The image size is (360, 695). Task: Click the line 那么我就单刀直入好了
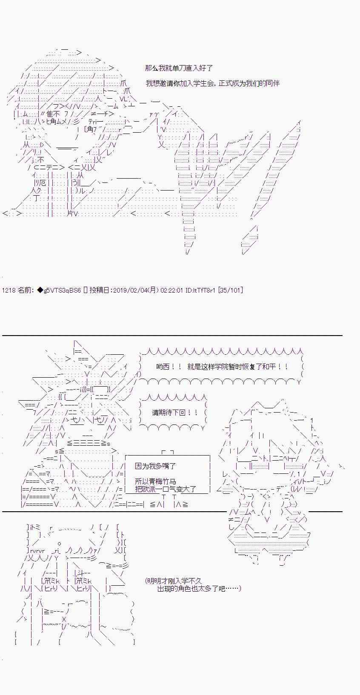tap(179, 68)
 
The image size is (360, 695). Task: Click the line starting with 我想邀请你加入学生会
tap(213, 83)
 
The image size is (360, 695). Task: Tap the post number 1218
tap(9, 290)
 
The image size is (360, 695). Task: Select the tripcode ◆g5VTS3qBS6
tap(59, 290)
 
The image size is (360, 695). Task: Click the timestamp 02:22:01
tap(172, 290)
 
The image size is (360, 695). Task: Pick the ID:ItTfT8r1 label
tap(201, 290)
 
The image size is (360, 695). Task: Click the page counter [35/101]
tap(231, 290)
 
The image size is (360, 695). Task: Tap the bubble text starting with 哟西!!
tap(222, 367)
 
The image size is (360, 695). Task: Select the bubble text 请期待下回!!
tap(175, 413)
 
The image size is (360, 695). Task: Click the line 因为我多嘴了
tap(155, 466)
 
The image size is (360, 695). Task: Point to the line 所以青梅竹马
tap(155, 481)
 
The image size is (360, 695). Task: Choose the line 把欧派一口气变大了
tap(166, 489)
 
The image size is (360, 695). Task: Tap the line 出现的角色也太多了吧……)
tap(199, 588)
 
